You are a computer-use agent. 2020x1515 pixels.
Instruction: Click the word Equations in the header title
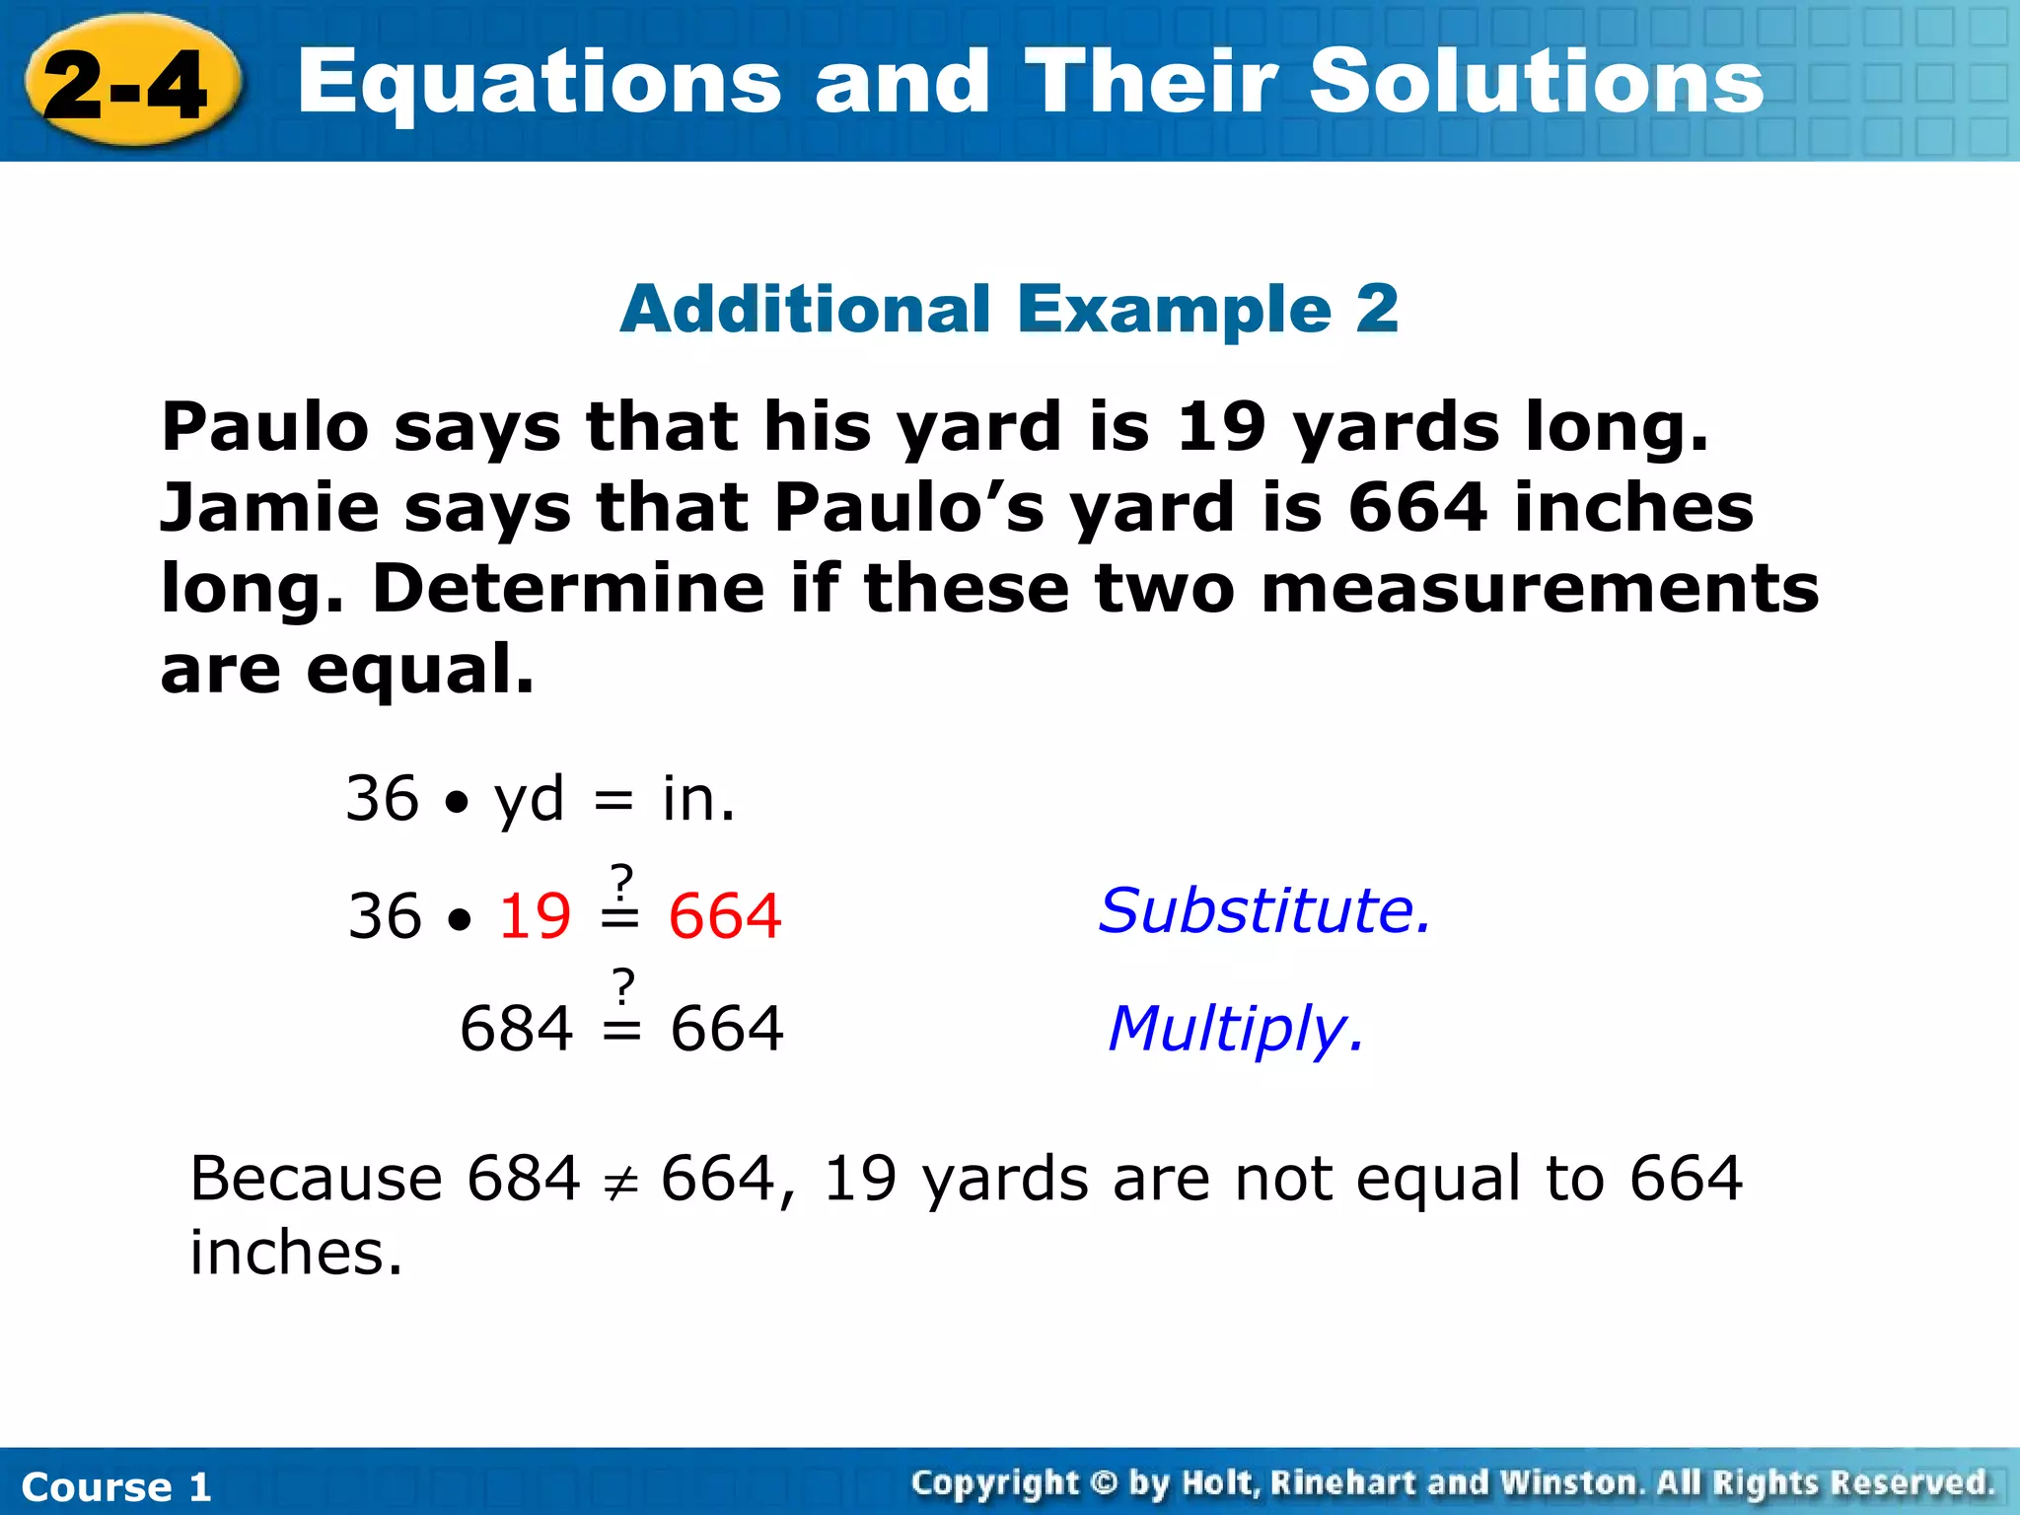coord(539,84)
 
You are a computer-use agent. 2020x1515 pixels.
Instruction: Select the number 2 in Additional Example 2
coord(1377,309)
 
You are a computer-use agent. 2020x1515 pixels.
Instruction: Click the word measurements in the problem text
coord(1540,589)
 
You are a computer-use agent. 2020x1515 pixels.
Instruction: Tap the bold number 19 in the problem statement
coord(1221,428)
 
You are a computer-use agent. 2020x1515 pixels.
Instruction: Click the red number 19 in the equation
coord(535,916)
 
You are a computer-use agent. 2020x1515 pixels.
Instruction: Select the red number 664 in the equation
coord(725,916)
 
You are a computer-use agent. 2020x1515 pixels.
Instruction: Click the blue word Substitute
coord(1263,910)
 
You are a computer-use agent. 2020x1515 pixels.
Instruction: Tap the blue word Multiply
coord(1236,1030)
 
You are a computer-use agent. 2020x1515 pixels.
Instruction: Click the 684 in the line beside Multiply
coord(516,1029)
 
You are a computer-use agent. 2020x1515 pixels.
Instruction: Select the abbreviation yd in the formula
coord(530,799)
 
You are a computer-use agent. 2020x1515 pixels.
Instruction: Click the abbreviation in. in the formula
coord(698,799)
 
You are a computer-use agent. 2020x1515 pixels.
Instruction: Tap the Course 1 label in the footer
coord(116,1486)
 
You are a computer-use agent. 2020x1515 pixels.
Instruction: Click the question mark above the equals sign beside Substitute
coord(621,879)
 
